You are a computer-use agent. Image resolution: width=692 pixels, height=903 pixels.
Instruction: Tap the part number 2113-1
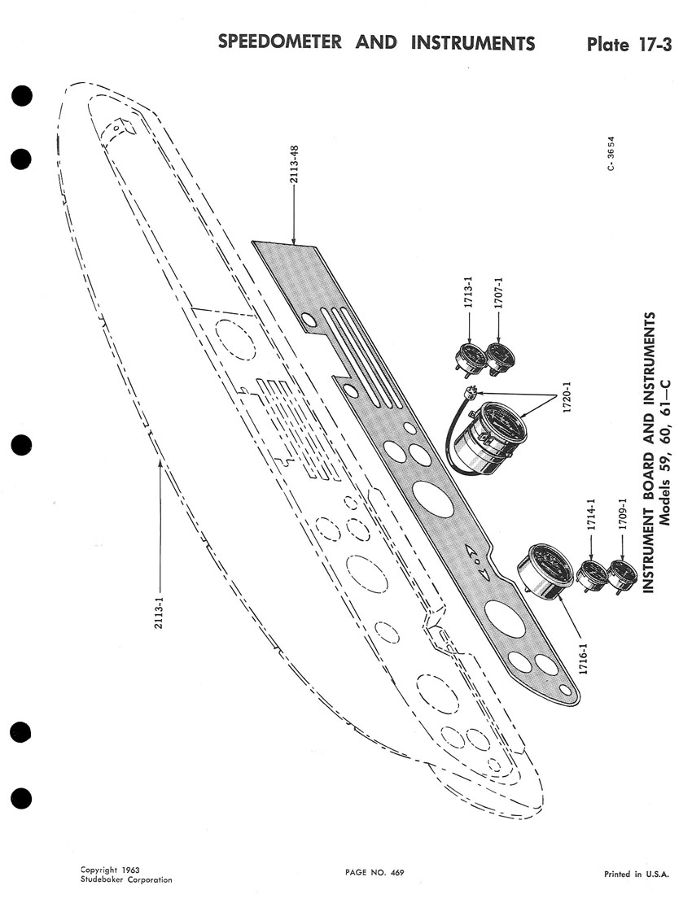pyautogui.click(x=160, y=604)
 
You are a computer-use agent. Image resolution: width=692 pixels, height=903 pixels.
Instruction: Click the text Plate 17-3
pyautogui.click(x=628, y=44)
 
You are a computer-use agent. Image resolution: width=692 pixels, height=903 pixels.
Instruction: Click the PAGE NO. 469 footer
pyautogui.click(x=374, y=873)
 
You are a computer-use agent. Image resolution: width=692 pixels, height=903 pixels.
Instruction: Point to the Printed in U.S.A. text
pyautogui.click(x=636, y=875)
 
